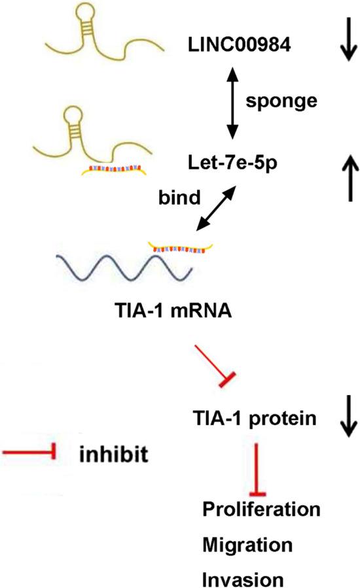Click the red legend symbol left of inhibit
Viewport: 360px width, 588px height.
29,451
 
